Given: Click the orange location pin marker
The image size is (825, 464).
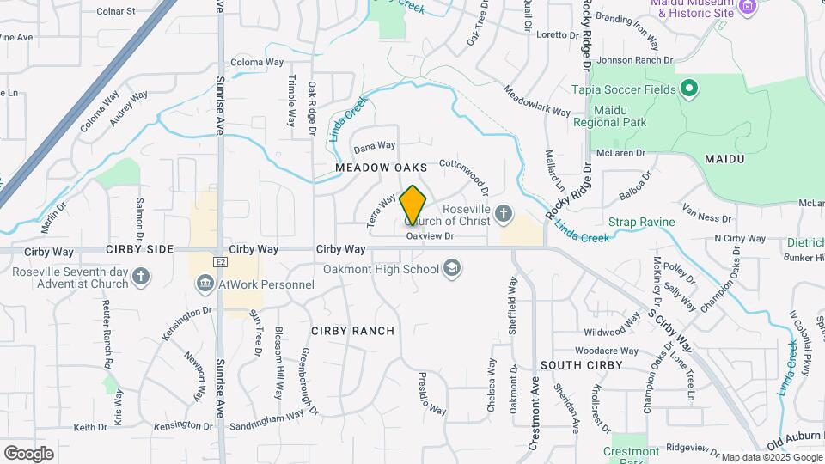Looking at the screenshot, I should (412, 205).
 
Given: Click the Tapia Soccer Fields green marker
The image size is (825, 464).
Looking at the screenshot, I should (687, 89).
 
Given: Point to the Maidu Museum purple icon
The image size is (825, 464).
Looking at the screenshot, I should (747, 7).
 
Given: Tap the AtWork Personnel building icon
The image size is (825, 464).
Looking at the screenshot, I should (205, 284).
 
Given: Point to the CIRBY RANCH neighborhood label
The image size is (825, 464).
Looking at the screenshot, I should (352, 331).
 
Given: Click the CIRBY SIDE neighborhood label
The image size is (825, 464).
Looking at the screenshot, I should (140, 249).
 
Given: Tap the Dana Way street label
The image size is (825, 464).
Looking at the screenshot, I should (375, 146).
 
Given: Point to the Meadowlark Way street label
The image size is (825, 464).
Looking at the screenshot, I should (537, 101).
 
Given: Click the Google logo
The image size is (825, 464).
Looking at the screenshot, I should (28, 453).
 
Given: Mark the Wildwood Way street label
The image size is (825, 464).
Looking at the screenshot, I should (612, 330).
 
